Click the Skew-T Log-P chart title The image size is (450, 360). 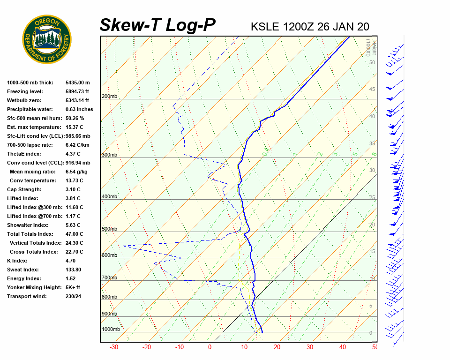157,25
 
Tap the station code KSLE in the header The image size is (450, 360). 265,27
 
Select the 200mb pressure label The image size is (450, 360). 109,97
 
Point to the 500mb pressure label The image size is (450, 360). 109,229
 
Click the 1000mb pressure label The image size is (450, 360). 111,330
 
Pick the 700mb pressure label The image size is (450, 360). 109,278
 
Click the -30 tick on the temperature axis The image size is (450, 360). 113,347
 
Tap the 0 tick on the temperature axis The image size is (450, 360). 210,347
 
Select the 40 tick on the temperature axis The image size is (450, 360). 343,347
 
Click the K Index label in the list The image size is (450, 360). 18,261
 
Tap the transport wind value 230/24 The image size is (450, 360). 73,296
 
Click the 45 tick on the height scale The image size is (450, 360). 372,90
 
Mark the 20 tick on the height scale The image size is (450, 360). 372,225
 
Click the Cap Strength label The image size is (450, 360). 24,189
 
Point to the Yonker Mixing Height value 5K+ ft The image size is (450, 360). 73,287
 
